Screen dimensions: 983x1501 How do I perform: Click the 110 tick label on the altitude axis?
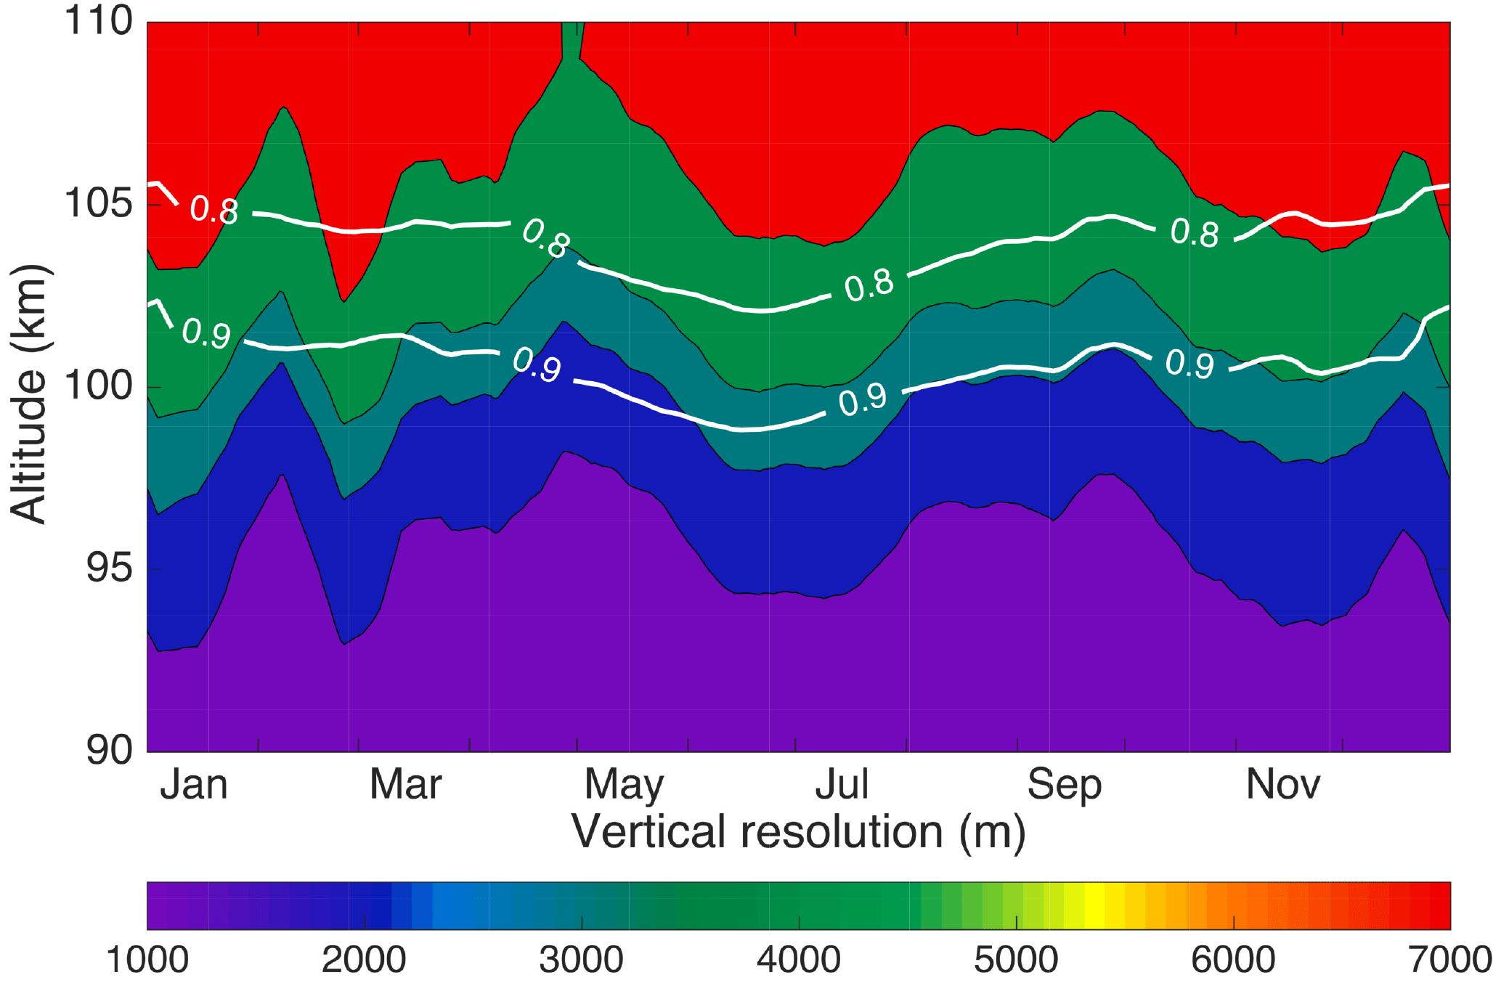(x=99, y=21)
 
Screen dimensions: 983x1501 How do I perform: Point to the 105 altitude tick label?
(x=99, y=203)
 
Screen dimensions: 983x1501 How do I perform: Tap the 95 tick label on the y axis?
(x=110, y=568)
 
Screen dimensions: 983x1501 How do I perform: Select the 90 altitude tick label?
(x=110, y=750)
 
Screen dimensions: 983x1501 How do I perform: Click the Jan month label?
(x=194, y=785)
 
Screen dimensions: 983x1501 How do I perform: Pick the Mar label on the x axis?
(x=405, y=785)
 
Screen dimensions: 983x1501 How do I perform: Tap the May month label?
(x=624, y=786)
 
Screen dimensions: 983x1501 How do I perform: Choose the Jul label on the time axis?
(x=842, y=785)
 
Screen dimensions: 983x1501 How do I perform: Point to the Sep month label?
(x=1064, y=786)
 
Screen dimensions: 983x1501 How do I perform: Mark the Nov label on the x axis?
(x=1282, y=785)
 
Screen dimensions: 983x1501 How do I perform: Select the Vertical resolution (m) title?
(x=798, y=832)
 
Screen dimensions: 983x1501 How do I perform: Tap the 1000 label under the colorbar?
(x=147, y=960)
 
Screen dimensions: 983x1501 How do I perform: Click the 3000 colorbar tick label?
(x=581, y=960)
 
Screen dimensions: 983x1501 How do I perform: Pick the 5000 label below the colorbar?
(x=1016, y=960)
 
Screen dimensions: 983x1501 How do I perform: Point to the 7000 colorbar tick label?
(x=1449, y=960)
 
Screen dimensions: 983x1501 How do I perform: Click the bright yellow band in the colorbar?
(x=1094, y=905)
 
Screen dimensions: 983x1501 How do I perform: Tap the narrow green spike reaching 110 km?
(x=572, y=44)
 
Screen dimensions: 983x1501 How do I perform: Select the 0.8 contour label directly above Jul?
(x=869, y=285)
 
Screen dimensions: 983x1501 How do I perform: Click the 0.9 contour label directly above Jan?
(x=206, y=333)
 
